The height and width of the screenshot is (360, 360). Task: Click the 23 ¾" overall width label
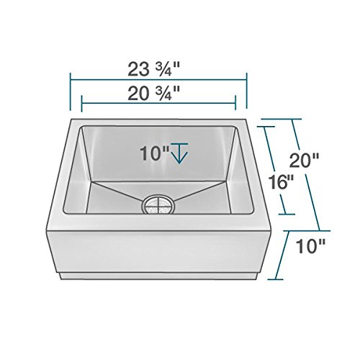point(153,69)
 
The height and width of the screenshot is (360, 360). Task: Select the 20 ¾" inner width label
point(153,93)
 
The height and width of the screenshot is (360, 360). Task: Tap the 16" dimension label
point(281,182)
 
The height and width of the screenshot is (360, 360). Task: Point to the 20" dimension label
point(304,160)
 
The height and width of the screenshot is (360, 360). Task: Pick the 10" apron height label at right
point(310,246)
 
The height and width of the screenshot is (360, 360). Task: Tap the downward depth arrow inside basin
point(179,153)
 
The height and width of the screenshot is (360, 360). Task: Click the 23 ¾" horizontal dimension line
point(158,79)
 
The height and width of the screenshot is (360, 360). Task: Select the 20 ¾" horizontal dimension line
point(158,103)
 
